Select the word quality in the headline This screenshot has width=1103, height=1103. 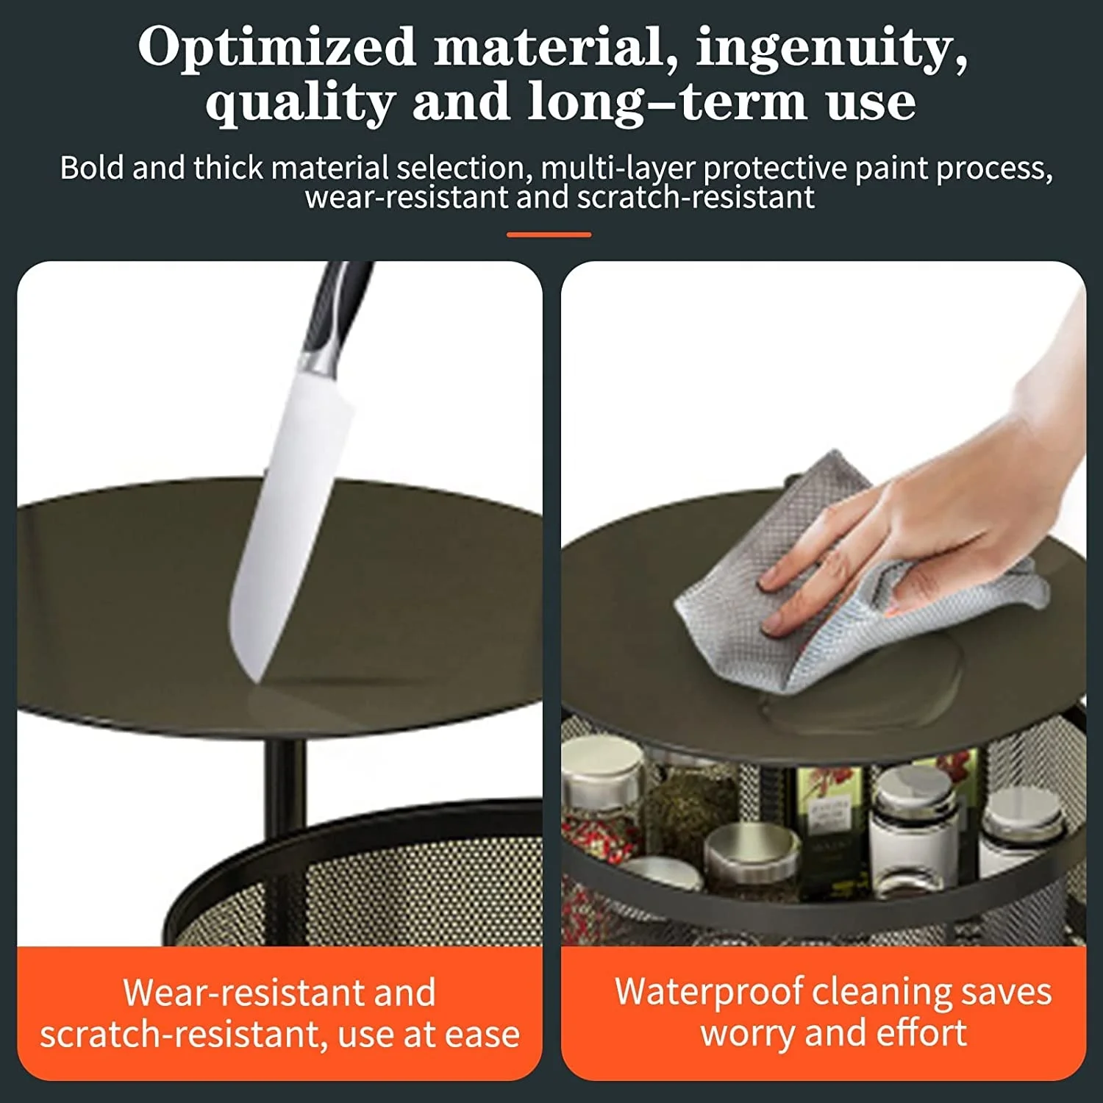coord(300,103)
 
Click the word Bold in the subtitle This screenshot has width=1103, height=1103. coord(93,168)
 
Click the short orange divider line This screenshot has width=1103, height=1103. coord(549,235)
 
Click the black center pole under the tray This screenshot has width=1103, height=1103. coord(284,779)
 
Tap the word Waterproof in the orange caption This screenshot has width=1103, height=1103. coord(707,991)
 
